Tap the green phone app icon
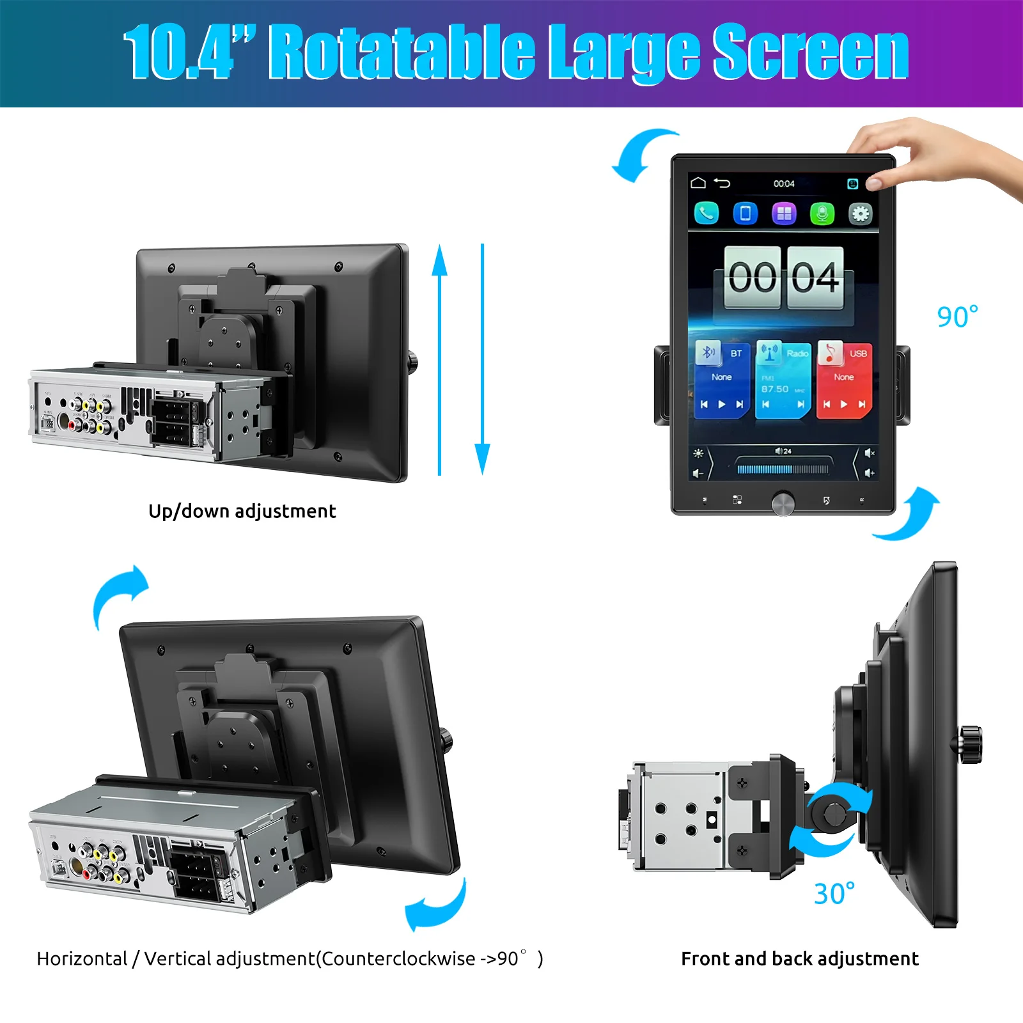707,213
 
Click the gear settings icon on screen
860,213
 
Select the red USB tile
844,380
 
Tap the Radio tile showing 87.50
783,380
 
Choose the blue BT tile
722,380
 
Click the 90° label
957,317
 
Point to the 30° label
834,894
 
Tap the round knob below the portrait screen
783,503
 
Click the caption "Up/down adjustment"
242,511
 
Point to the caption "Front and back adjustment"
799,958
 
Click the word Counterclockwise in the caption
398,958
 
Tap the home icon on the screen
698,183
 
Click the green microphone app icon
822,213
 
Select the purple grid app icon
784,213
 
